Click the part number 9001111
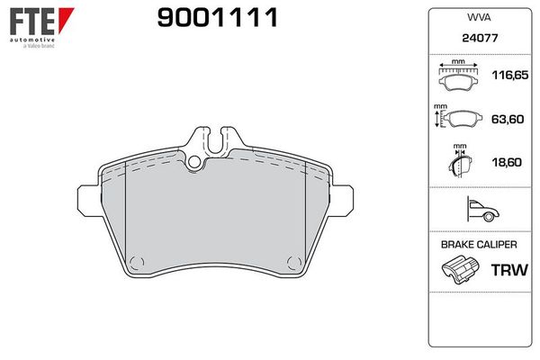click(217, 18)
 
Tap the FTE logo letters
click(32, 21)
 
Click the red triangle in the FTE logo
click(65, 20)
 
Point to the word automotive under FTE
click(32, 40)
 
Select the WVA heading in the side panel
click(479, 17)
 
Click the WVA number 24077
click(480, 38)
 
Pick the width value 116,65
click(509, 75)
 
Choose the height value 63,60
click(508, 119)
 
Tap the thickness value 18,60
click(507, 162)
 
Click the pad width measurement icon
click(458, 76)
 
